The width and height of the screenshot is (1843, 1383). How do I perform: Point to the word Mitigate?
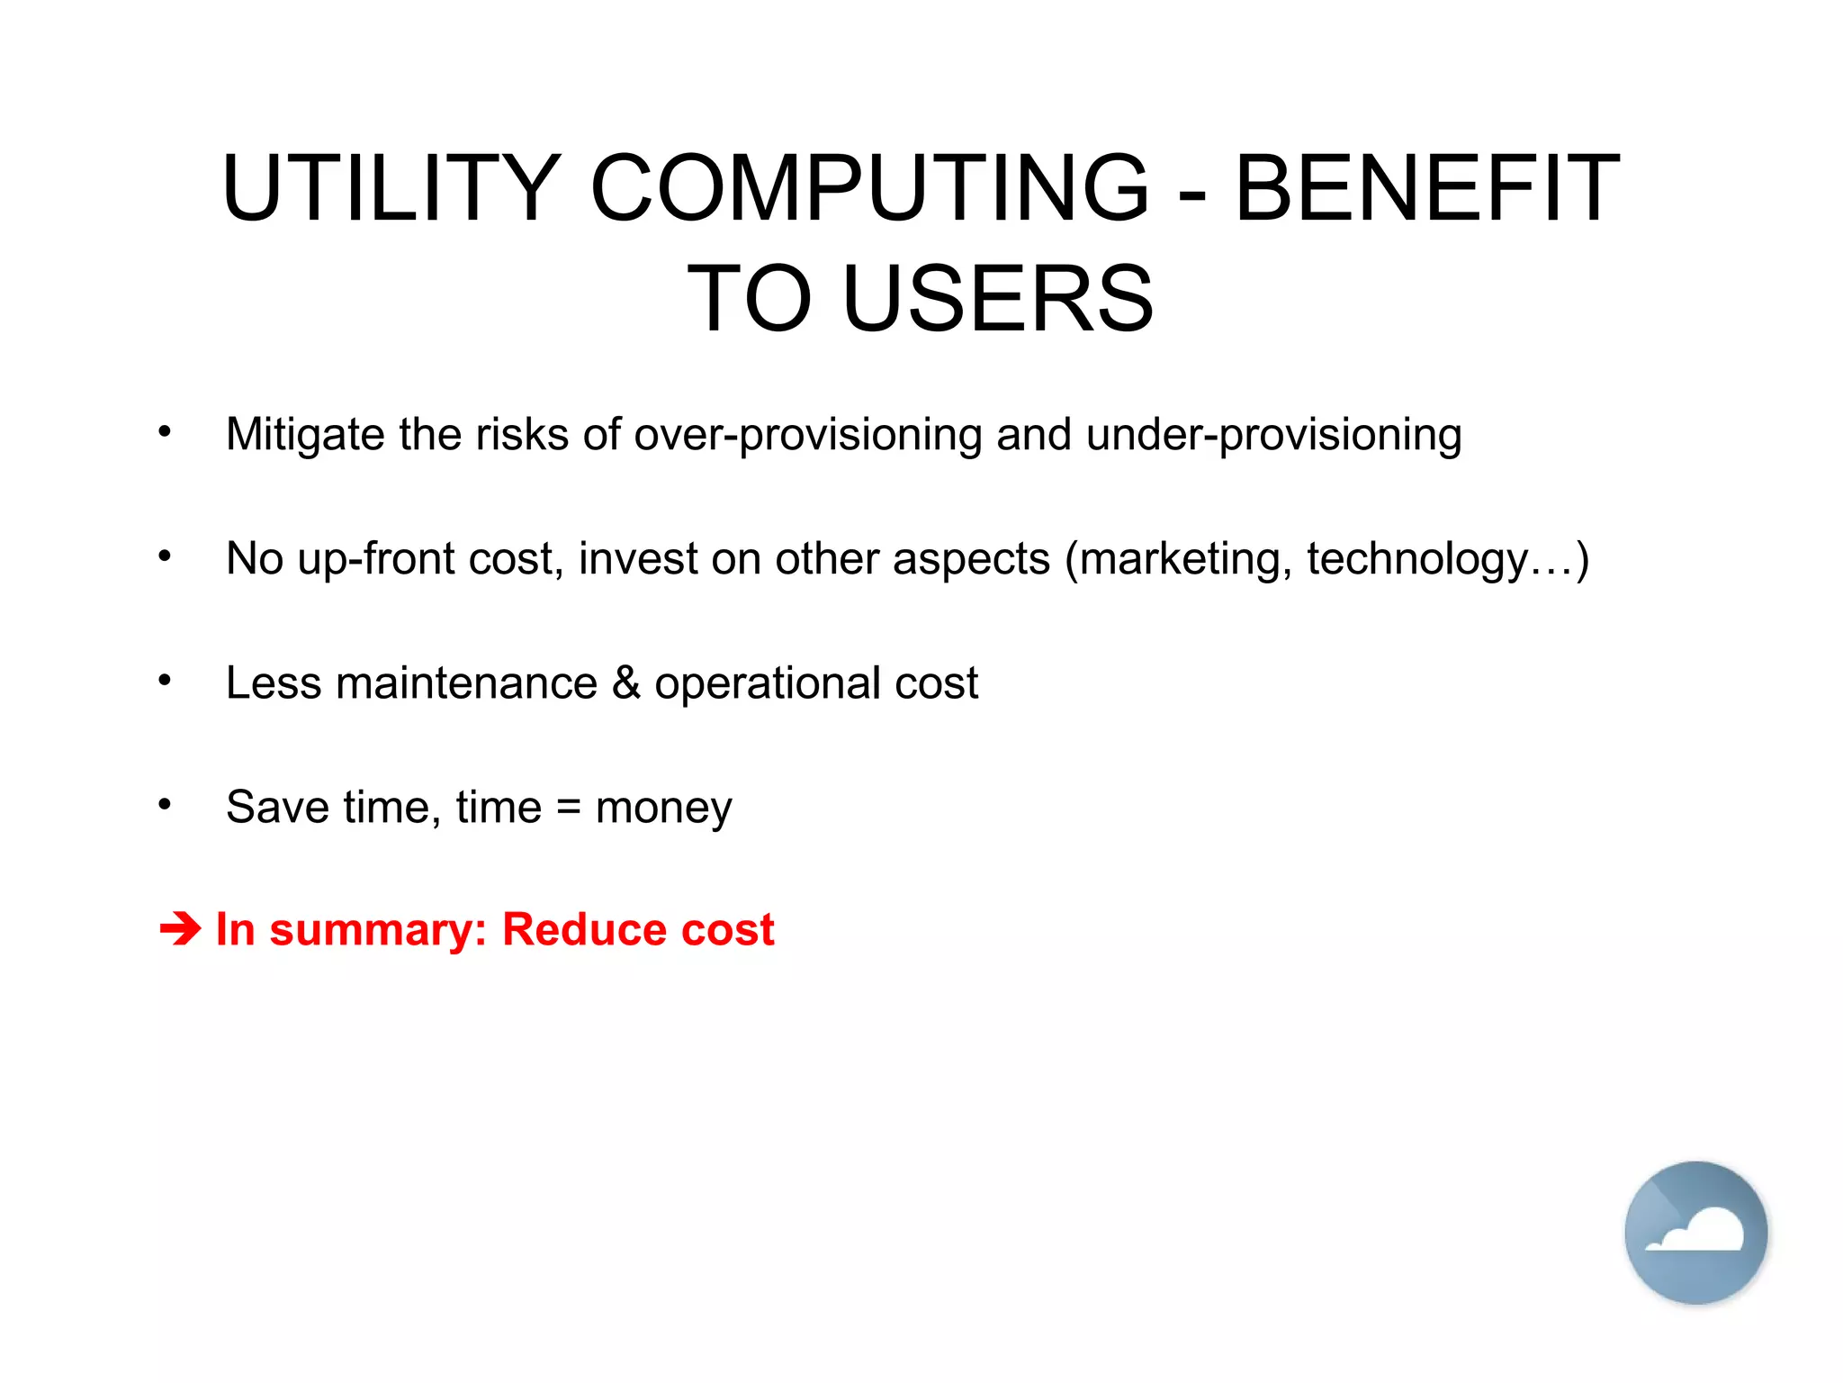tap(305, 435)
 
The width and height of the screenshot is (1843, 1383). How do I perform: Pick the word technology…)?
tap(1448, 559)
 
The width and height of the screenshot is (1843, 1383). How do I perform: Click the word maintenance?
tap(466, 682)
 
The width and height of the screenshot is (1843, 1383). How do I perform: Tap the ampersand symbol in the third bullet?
tap(626, 682)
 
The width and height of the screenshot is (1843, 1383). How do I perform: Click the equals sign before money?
tap(569, 807)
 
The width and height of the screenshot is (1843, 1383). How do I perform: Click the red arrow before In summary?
tap(180, 929)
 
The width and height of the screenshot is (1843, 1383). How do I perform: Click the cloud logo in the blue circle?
tap(1695, 1232)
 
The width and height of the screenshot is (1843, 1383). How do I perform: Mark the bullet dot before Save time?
tap(164, 804)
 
